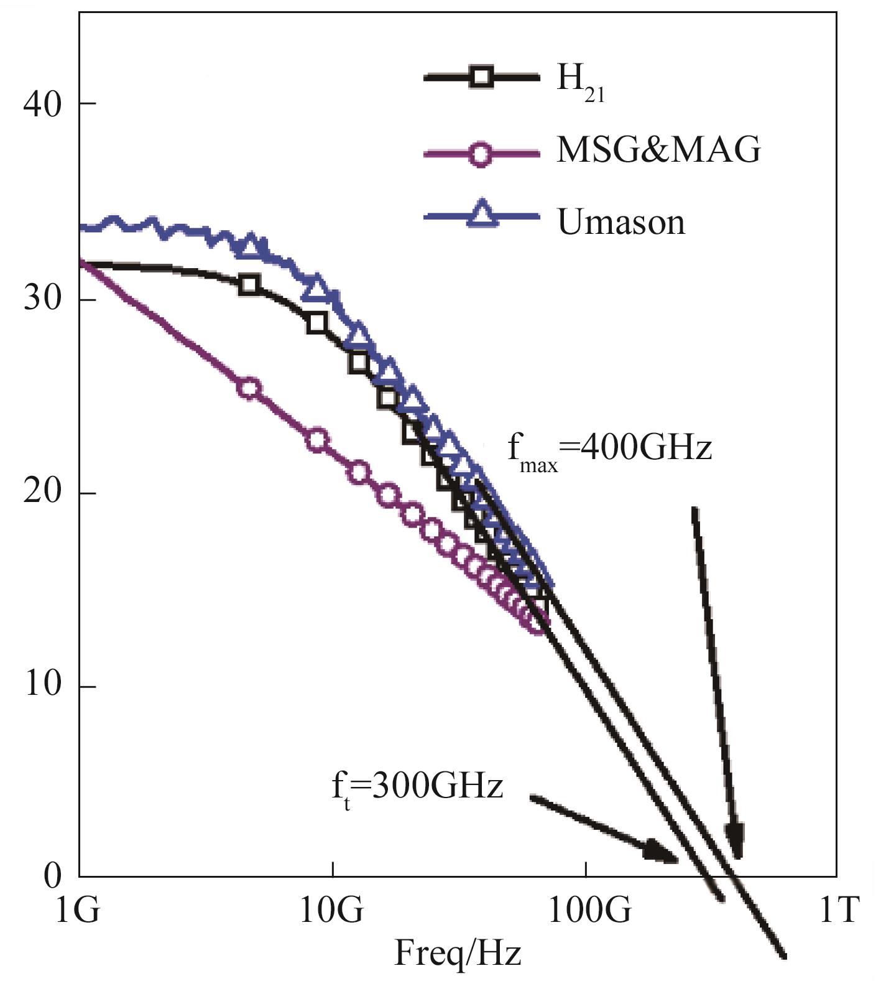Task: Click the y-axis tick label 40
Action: tap(42, 104)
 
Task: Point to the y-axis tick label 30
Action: tap(42, 299)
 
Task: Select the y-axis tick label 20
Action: tap(42, 493)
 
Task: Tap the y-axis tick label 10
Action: tap(42, 686)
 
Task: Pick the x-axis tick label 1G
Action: tap(78, 911)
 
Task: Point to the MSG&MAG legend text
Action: tap(658, 150)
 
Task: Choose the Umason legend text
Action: tap(620, 222)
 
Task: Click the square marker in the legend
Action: tap(481, 77)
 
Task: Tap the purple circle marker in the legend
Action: tap(479, 153)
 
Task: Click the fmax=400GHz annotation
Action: tap(609, 450)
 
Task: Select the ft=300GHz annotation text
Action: tap(417, 789)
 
